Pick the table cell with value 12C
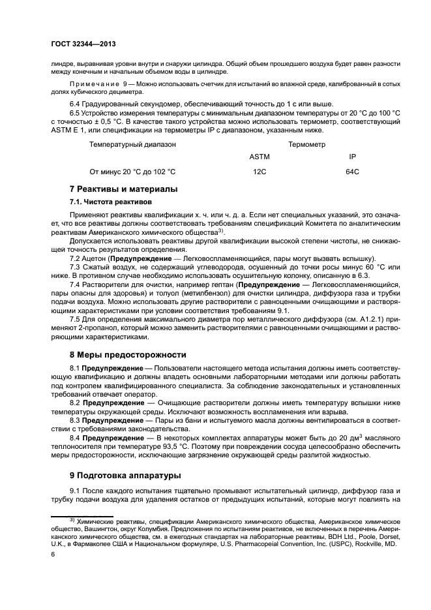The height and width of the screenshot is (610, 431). (260, 172)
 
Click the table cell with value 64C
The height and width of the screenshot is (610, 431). (351, 172)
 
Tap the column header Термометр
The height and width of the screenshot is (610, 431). (306, 144)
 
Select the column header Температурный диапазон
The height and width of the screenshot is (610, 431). (132, 144)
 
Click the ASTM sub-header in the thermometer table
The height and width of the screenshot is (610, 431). (260, 157)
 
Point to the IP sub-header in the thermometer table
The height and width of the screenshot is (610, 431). (352, 157)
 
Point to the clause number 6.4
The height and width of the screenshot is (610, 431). (76, 104)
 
